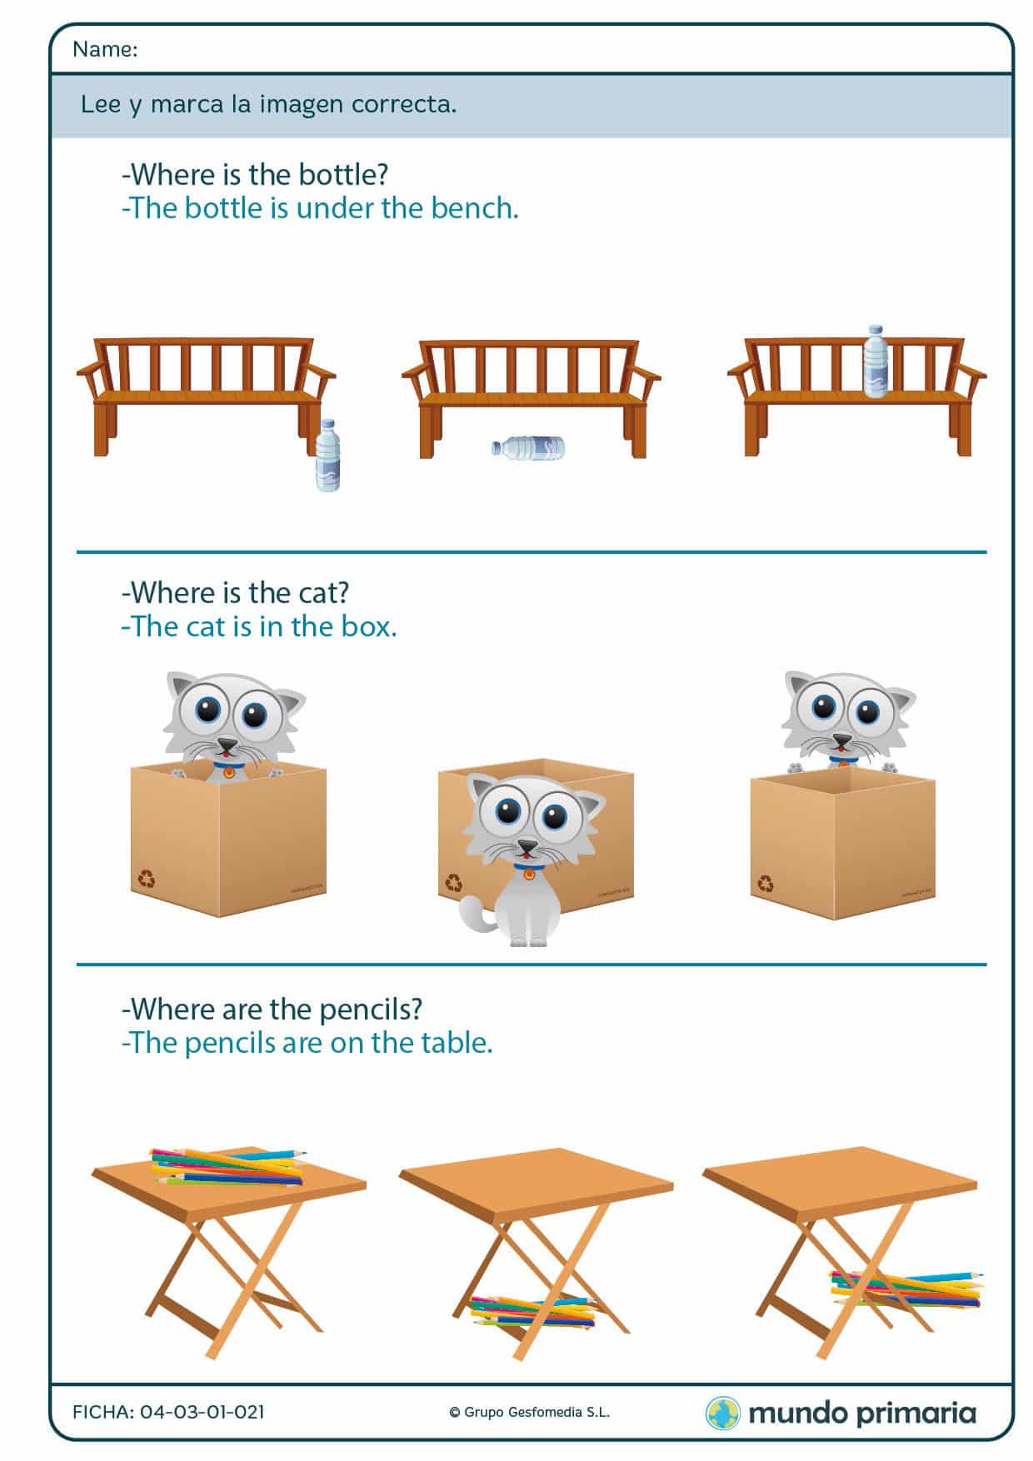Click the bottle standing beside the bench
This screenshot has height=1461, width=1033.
click(x=328, y=456)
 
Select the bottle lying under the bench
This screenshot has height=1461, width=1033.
click(x=529, y=447)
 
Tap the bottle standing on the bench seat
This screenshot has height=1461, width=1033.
click(x=874, y=362)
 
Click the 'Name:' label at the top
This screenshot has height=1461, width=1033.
click(x=105, y=50)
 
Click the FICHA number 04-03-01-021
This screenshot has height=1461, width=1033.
click(x=202, y=1412)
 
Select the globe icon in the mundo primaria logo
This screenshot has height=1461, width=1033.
click(x=722, y=1413)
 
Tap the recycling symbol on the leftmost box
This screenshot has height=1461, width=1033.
click(x=147, y=878)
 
